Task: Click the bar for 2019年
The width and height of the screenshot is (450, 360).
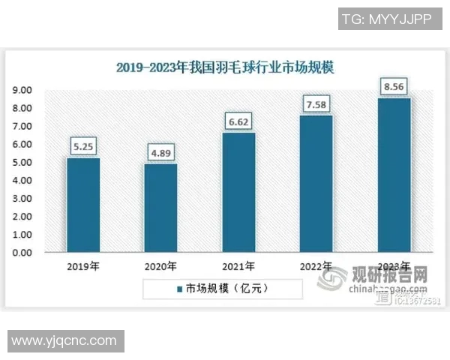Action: (x=82, y=205)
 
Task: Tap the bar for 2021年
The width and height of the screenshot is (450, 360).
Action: (x=238, y=192)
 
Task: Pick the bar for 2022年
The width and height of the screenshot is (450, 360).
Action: (x=316, y=183)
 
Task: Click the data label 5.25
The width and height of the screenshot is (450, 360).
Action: (x=82, y=147)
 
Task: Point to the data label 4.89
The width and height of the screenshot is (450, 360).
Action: (x=160, y=153)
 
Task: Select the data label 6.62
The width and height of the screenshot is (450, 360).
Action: (x=238, y=121)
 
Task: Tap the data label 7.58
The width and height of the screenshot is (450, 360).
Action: (x=316, y=103)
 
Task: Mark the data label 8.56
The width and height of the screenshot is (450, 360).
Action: (x=394, y=86)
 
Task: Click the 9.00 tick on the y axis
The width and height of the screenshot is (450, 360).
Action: (x=22, y=90)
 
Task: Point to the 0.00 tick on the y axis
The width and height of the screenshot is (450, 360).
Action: (x=22, y=253)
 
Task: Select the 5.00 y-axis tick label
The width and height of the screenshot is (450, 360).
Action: (x=22, y=162)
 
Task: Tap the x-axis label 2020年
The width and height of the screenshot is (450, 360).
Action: (x=160, y=266)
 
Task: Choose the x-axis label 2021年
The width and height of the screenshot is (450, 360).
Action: (x=238, y=266)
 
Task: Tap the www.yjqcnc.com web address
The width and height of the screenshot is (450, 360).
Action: (x=64, y=341)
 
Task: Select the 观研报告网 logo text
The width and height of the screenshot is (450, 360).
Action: (x=390, y=275)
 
